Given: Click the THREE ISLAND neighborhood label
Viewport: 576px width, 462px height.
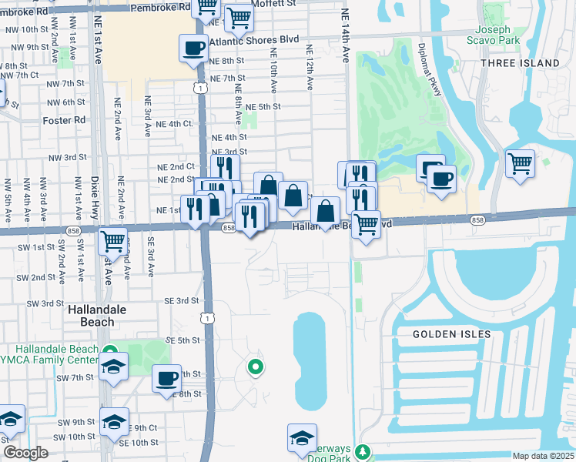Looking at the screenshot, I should [x=520, y=62].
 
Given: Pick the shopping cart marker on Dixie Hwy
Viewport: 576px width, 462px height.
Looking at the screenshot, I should [x=112, y=241].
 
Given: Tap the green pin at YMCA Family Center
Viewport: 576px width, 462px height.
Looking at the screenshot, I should [x=111, y=351].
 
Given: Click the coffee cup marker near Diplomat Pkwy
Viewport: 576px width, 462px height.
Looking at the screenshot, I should [x=440, y=179].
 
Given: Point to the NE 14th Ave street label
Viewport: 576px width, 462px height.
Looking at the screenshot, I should [x=346, y=46].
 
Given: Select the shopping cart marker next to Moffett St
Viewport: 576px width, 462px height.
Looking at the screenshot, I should [x=239, y=17].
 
